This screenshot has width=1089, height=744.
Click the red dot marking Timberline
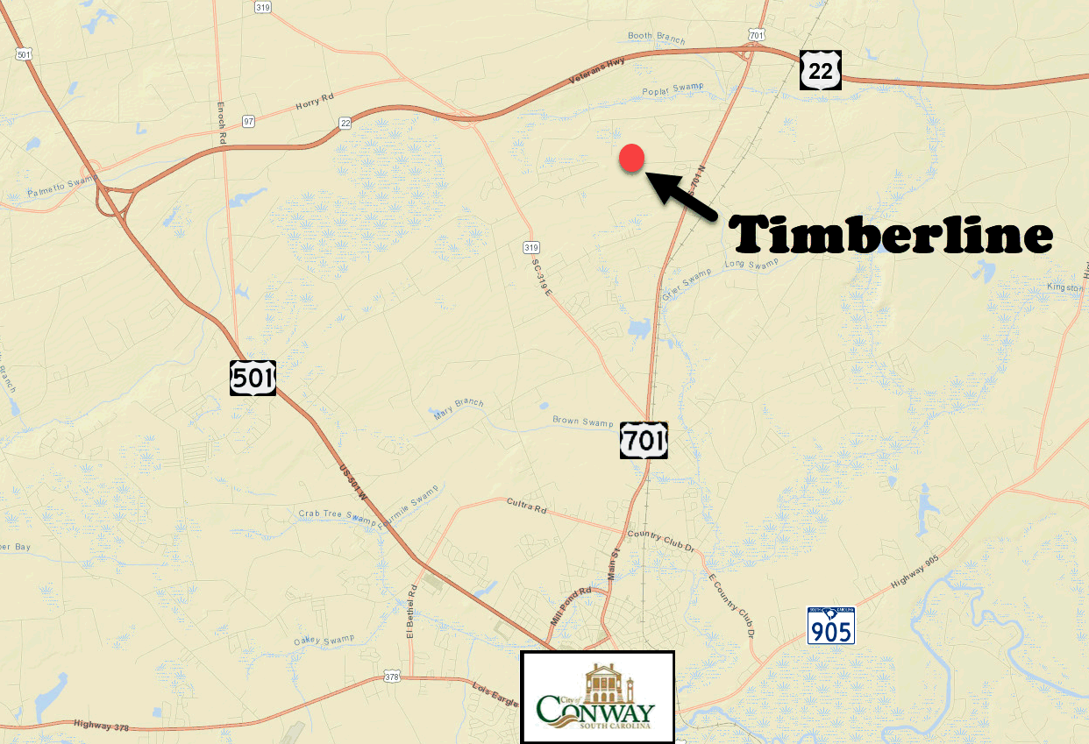(632, 158)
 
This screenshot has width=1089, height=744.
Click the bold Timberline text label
(893, 234)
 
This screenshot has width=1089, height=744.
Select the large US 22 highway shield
(821, 70)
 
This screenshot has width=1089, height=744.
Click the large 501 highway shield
(253, 377)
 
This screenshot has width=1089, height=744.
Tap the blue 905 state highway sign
(830, 625)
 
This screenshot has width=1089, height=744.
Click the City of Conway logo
(597, 697)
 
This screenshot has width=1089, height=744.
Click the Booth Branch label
(657, 37)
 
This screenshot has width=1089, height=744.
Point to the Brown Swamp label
(582, 422)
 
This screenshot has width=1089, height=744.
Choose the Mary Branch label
(459, 408)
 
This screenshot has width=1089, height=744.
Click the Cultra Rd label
(526, 506)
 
